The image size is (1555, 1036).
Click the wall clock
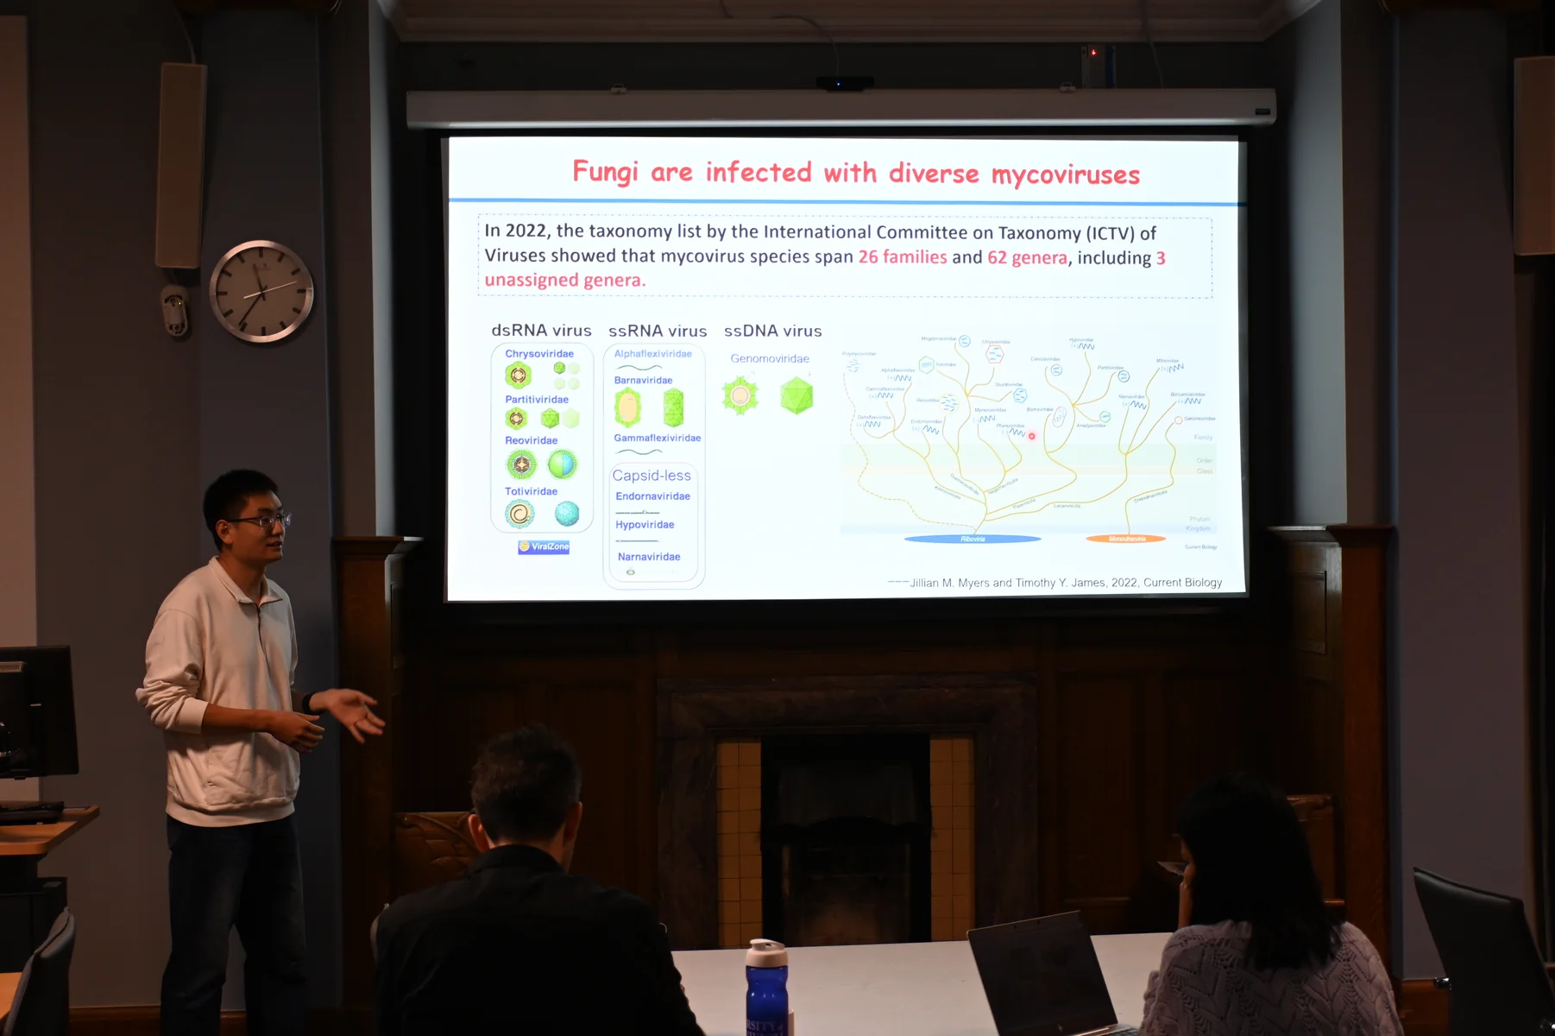point(261,292)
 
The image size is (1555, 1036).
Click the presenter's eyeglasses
point(264,521)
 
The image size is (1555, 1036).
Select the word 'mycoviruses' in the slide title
point(1065,175)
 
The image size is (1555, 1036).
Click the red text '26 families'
point(902,257)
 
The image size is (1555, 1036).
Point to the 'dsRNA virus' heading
point(541,331)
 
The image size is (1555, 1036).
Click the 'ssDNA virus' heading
point(772,332)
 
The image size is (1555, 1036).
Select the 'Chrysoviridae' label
point(539,354)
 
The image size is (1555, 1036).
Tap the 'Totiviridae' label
point(531,491)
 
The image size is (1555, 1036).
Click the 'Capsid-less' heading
point(652,476)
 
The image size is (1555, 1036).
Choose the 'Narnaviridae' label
point(649,557)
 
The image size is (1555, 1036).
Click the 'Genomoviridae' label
point(770,359)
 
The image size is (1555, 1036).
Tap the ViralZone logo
point(544,546)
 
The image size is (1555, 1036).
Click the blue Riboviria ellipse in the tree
point(973,539)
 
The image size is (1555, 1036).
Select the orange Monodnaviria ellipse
point(1126,539)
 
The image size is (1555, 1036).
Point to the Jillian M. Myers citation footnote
point(1065,583)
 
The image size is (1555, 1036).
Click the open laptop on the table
point(1044,976)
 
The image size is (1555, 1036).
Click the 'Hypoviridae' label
point(645,525)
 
